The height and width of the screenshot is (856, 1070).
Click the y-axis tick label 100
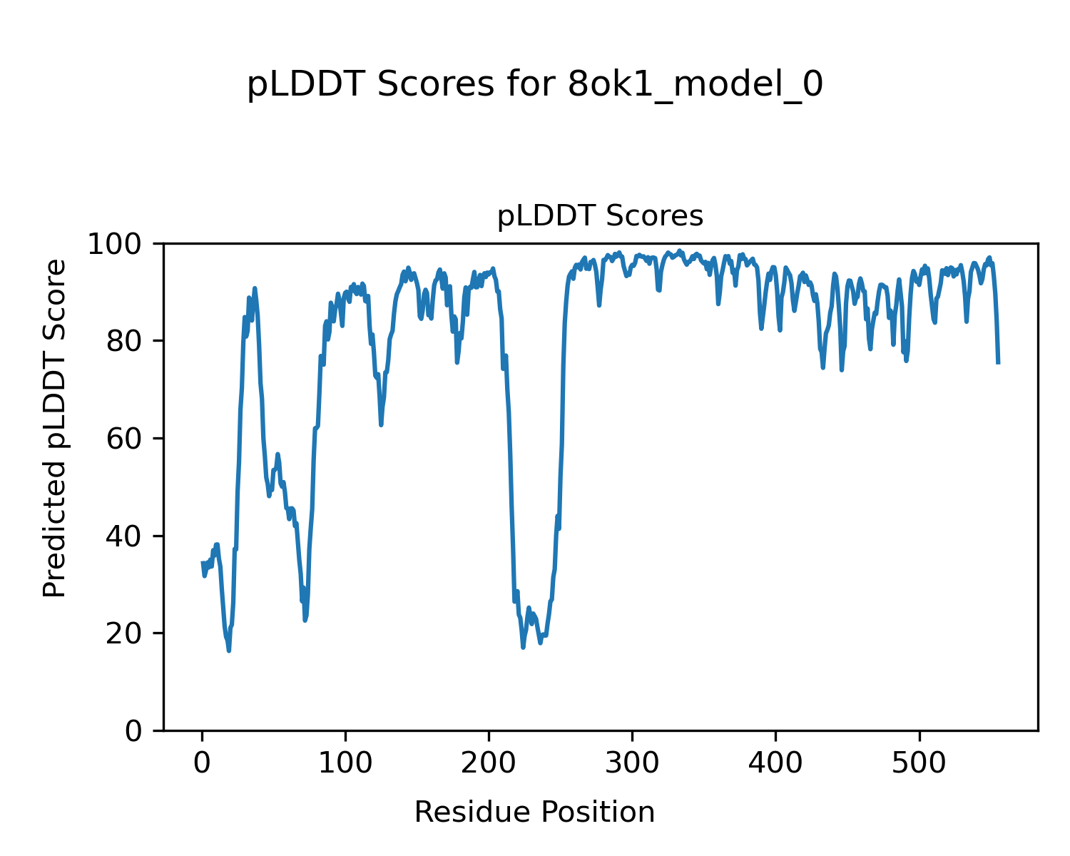(x=121, y=245)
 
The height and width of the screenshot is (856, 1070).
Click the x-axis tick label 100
(x=345, y=763)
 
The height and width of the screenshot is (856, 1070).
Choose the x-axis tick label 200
(x=489, y=763)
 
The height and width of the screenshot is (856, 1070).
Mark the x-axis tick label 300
(x=632, y=763)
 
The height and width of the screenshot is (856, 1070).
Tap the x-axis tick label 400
(x=775, y=763)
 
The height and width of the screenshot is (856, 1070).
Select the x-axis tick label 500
(x=919, y=763)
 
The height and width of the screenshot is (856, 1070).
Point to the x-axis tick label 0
(x=202, y=763)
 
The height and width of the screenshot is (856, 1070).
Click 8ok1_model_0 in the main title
(x=695, y=86)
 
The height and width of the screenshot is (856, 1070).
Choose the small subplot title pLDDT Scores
(x=600, y=216)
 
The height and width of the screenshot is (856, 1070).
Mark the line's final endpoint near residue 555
(x=998, y=364)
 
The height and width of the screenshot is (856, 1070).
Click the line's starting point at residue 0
(x=202, y=562)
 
